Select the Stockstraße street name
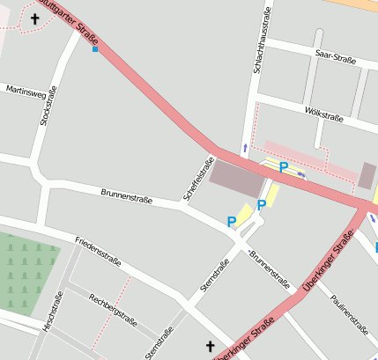[49, 106]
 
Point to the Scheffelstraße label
[198, 179]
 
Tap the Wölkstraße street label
[322, 115]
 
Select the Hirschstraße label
[52, 316]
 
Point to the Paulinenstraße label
[349, 313]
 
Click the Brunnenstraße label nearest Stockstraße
[126, 195]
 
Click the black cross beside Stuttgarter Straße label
[35, 18]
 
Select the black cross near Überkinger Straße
[210, 347]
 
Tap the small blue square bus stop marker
[95, 49]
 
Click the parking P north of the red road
[283, 166]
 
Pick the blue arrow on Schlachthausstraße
[245, 148]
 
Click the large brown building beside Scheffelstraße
[236, 180]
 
